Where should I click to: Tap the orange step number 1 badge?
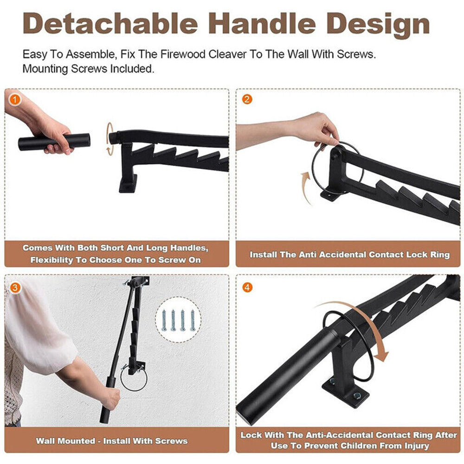tap(15, 99)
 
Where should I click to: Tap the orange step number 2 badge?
tap(247, 99)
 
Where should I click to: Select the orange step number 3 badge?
tap(15, 288)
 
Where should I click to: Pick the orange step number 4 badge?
tap(247, 288)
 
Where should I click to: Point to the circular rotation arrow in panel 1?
tap(110, 138)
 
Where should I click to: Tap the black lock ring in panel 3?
tap(134, 378)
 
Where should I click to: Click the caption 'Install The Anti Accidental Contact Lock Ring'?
tap(349, 254)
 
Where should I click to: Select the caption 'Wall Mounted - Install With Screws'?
tap(112, 440)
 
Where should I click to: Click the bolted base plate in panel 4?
tap(346, 392)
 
